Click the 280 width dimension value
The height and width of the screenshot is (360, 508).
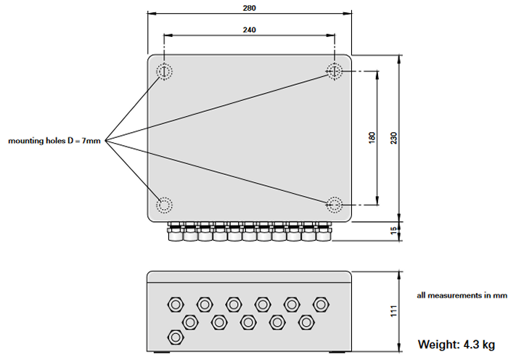(x=250, y=8)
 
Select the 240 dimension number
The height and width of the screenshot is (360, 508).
(x=250, y=30)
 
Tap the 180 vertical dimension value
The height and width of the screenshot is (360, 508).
(x=372, y=136)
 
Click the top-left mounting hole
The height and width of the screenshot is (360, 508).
(x=165, y=71)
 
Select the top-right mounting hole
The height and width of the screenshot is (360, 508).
(x=334, y=71)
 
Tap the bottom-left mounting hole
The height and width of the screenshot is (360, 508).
(x=165, y=204)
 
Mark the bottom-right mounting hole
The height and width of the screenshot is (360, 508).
(x=334, y=204)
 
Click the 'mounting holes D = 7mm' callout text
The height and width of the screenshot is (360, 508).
(x=54, y=140)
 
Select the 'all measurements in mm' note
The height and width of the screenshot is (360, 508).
(x=462, y=295)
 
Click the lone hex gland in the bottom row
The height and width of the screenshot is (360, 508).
(x=175, y=337)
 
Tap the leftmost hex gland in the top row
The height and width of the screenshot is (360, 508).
(x=175, y=303)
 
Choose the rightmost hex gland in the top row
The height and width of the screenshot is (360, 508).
(x=320, y=303)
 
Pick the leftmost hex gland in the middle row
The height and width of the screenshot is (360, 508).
(x=190, y=320)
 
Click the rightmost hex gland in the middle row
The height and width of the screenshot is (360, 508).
(x=306, y=320)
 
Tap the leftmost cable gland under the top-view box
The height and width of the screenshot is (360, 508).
(x=175, y=233)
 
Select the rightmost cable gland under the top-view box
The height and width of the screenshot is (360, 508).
(x=323, y=233)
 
